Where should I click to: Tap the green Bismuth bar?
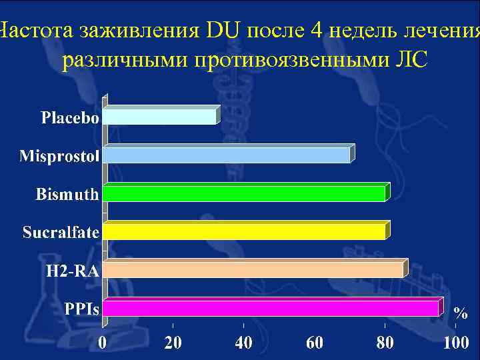point(244,194)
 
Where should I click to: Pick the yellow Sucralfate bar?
point(244,232)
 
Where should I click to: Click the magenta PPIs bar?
point(271,309)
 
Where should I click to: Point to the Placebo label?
point(70,119)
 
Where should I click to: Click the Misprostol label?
point(59,157)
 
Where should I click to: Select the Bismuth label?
point(67,195)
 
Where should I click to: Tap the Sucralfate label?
point(61,233)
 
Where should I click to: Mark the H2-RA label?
point(73,271)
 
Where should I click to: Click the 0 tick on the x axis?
point(103,343)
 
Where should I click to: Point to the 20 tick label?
point(173,343)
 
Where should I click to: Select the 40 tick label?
point(243,343)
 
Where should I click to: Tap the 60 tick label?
point(314,343)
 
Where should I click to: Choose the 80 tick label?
point(385,343)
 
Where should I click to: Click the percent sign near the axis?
point(460,312)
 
